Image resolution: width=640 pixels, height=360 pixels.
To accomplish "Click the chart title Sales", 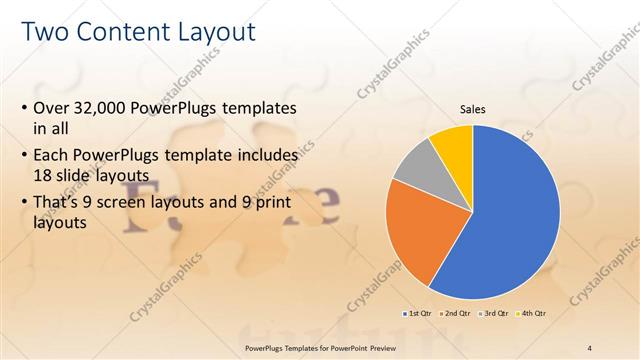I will coord(473,109).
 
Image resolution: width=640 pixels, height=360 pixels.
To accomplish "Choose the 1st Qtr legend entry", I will coord(416,313).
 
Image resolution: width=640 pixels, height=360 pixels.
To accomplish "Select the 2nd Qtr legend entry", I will coord(456,313).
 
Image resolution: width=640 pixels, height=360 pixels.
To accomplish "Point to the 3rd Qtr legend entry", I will coord(495,313).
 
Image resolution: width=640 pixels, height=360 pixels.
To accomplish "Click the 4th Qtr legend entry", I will coord(533,313).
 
